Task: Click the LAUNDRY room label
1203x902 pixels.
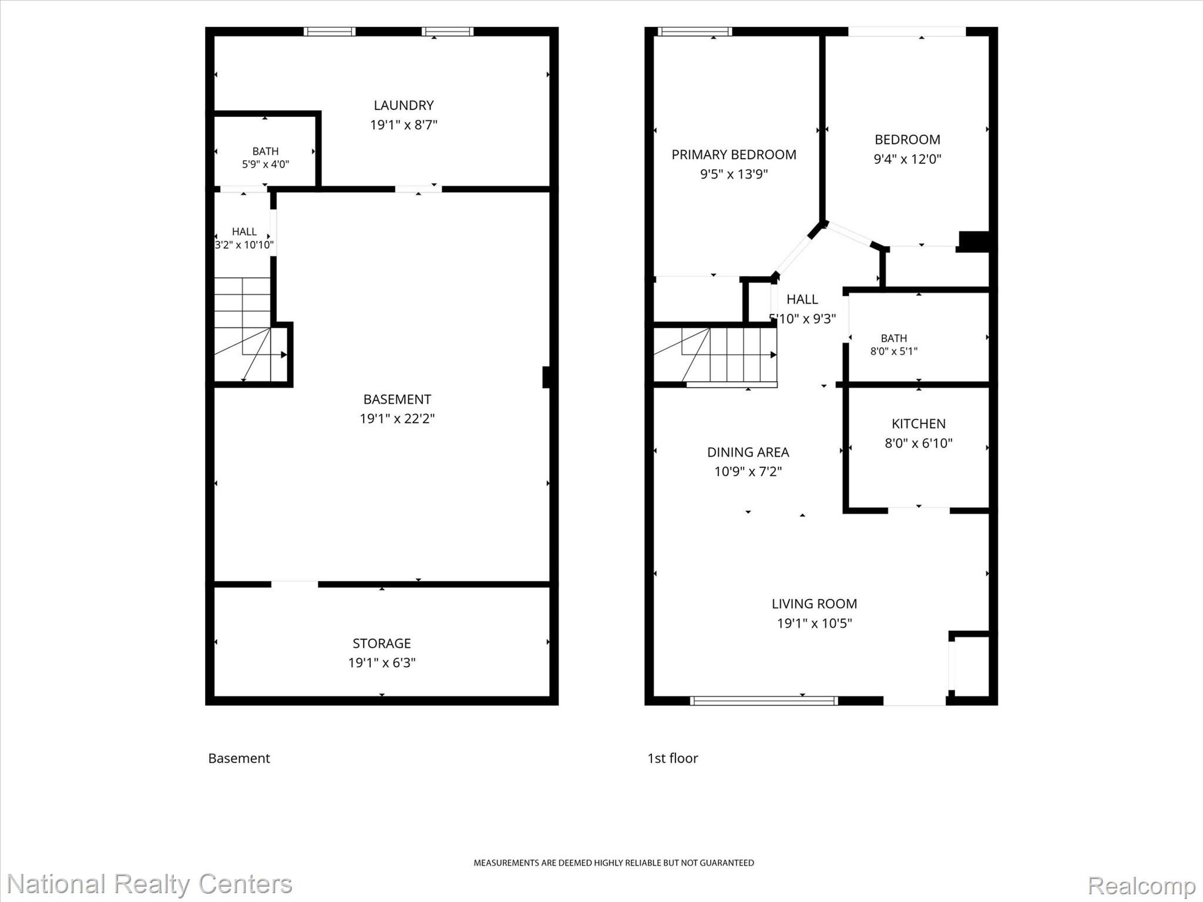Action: (x=404, y=105)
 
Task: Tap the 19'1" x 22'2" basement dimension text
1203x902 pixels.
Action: (x=397, y=419)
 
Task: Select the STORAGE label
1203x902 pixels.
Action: (x=382, y=643)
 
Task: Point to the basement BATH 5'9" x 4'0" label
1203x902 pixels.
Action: (x=266, y=157)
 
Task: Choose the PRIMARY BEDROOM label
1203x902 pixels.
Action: (x=734, y=154)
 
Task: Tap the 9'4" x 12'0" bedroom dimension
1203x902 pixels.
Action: (x=908, y=159)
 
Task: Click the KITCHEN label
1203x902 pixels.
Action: (x=919, y=423)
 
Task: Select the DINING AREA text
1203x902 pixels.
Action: (x=748, y=452)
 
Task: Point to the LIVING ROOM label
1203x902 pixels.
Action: (x=814, y=604)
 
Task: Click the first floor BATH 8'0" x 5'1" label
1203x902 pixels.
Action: (x=894, y=345)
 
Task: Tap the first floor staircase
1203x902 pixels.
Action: (x=715, y=355)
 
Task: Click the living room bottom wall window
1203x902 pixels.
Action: (x=764, y=700)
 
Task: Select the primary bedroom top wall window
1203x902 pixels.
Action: (x=695, y=31)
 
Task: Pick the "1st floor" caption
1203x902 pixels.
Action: (x=673, y=758)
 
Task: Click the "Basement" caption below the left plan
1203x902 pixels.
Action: (x=239, y=758)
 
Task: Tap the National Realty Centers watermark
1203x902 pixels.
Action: (x=150, y=884)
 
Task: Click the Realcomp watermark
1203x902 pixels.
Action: (x=1142, y=886)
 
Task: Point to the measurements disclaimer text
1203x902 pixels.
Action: (x=614, y=863)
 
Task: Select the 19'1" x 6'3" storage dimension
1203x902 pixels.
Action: (x=382, y=662)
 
